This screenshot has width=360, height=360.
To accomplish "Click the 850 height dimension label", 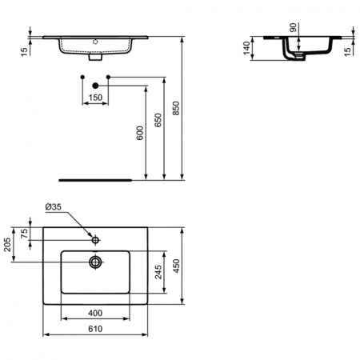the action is point(176,108).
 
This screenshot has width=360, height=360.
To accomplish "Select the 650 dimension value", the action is point(158,120).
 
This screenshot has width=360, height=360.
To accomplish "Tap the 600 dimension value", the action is point(140,133).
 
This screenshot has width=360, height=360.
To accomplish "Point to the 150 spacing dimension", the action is point(95,98).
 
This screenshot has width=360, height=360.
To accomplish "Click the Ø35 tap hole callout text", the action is point(54,206).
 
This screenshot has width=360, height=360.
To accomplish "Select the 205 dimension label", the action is point(7,245).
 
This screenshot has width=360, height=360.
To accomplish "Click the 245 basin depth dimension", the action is point(158,272).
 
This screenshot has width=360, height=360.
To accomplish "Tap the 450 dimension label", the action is point(177,266).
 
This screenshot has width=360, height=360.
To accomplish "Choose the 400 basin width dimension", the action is point(95,313).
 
